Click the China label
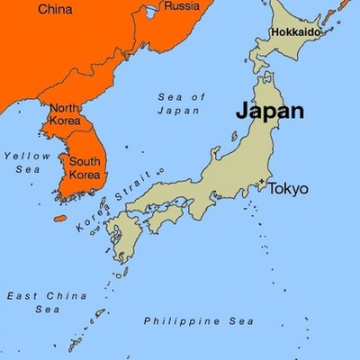[56, 10]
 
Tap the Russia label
[184, 7]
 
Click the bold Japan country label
[269, 112]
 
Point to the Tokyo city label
[288, 189]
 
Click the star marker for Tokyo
[262, 183]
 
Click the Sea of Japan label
[182, 103]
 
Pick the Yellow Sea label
[25, 162]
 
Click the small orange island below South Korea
[61, 218]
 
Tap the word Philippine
[171, 320]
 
